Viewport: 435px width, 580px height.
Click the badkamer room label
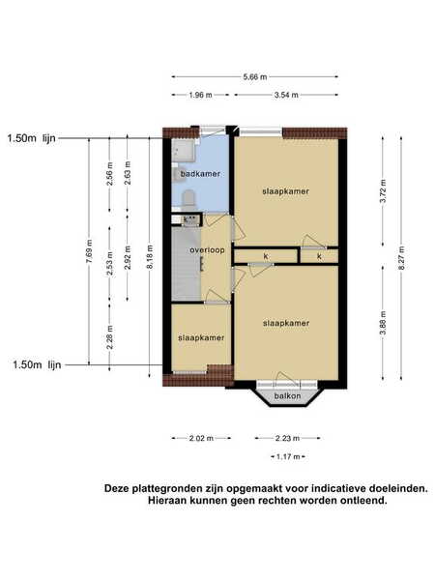tap(200, 173)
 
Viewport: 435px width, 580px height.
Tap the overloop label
tap(207, 250)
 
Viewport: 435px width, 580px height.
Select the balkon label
tap(287, 396)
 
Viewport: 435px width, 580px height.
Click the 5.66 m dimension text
tap(255, 77)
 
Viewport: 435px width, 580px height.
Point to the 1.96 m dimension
tap(200, 95)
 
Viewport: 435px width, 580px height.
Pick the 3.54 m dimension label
tap(286, 95)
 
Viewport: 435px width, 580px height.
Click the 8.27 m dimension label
tap(401, 258)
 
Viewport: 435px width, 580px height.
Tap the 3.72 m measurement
tap(383, 190)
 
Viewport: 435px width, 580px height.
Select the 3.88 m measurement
tap(383, 323)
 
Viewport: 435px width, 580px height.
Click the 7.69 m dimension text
tap(89, 252)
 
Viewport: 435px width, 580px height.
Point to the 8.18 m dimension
tap(150, 257)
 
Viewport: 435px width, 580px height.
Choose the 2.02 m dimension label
tap(201, 438)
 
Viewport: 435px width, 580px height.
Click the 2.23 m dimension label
tap(287, 438)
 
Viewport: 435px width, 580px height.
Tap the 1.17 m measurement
tap(288, 456)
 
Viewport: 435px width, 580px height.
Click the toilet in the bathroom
tap(188, 198)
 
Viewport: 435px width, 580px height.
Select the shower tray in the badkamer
tap(184, 150)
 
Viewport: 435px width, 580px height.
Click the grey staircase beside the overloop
tap(187, 264)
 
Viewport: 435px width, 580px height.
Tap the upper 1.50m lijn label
tap(32, 138)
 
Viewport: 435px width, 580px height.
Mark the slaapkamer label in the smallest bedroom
tap(201, 337)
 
